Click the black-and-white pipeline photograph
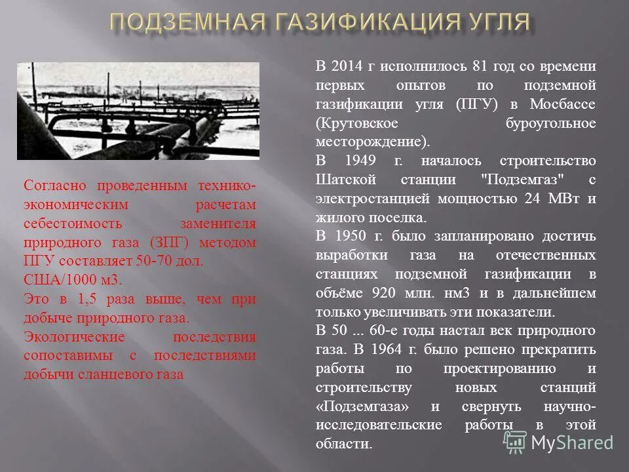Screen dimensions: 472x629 coord(138,111)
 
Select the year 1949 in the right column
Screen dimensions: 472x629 coord(354,161)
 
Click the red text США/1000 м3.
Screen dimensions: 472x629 coord(73,279)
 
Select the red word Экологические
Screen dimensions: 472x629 coord(74,337)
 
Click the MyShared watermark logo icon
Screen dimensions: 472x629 coord(515,442)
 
